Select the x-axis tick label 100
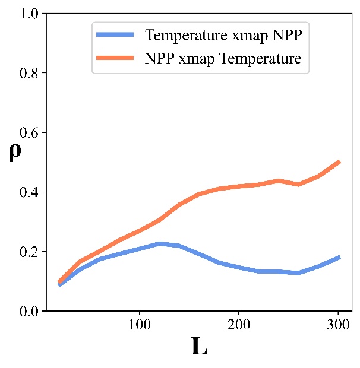coord(139,325)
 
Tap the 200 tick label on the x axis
coord(238,325)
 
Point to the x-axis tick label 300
coord(337,325)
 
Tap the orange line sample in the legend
coord(117,58)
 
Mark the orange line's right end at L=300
coord(337,161)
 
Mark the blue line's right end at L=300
coord(337,257)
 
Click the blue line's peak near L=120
coord(159,243)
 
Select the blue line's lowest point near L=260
coord(298,273)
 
